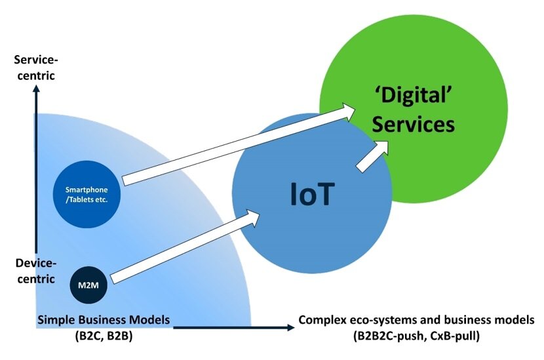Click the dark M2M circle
point(88,285)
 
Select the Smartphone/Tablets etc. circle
point(87,194)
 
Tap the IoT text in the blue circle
point(312,193)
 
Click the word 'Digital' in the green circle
point(414,95)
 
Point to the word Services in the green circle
point(413,125)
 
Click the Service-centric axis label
point(36,68)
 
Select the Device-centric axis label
point(36,271)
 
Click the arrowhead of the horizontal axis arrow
point(291,327)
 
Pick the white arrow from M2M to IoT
point(185,246)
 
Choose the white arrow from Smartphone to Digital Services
point(239,144)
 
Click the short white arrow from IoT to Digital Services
point(373,156)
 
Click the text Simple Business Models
point(104,320)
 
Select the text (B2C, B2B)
point(104,336)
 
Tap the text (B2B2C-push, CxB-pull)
point(416,336)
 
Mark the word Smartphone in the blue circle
point(87,190)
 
